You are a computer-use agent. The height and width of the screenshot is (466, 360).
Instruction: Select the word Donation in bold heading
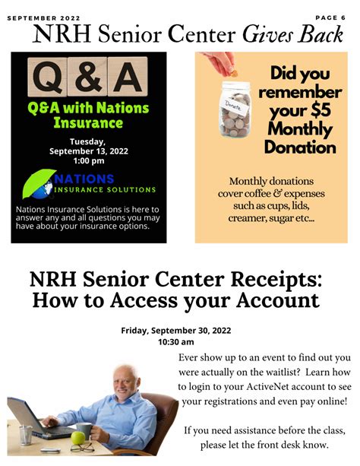(x=302, y=146)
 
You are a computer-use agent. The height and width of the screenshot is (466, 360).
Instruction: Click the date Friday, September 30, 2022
(x=175, y=330)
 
